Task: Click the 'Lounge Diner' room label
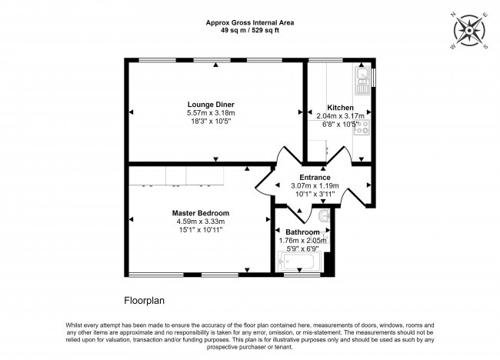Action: [210, 104]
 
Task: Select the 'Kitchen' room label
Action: [340, 108]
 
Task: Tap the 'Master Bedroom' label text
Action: [200, 213]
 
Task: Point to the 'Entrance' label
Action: [315, 177]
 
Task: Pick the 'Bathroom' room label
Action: [302, 232]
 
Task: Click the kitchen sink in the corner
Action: [362, 77]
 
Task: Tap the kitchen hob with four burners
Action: [361, 128]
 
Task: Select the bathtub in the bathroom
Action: [299, 265]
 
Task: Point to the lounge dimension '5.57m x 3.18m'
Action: [210, 113]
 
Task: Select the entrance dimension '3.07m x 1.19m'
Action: [315, 185]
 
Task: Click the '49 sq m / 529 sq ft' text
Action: [250, 31]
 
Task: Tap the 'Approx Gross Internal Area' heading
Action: [250, 22]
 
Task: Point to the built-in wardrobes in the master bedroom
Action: [176, 176]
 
